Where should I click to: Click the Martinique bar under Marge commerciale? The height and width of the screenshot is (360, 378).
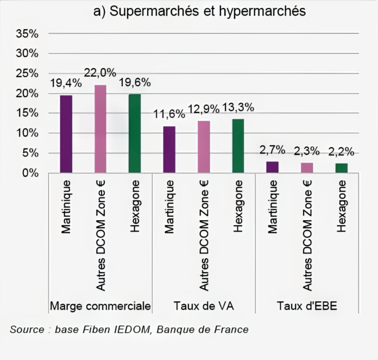point(66,134)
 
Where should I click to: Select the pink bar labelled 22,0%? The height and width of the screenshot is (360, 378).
point(100,129)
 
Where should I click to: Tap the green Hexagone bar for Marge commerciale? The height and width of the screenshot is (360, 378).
point(135,134)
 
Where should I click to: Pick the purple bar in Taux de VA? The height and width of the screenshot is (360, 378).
point(169,150)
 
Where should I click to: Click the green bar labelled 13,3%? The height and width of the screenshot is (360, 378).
point(238,146)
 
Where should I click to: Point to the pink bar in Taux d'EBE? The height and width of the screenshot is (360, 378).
point(307,168)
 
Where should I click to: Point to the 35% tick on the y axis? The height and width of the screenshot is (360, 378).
point(27,34)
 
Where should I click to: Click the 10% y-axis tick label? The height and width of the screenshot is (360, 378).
point(27,133)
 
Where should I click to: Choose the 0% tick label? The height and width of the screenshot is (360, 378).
point(30,173)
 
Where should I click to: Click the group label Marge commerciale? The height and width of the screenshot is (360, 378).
point(100,306)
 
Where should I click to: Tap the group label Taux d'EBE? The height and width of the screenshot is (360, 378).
point(307,306)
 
